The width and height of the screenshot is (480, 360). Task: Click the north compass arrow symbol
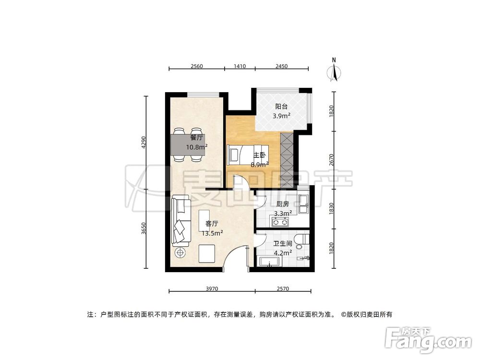click(334, 72)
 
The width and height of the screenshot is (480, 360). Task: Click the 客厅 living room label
click(212, 224)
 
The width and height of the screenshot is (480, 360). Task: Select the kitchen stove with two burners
click(279, 222)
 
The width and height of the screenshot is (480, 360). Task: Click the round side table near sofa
click(180, 252)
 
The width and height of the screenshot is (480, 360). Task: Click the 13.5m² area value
click(212, 233)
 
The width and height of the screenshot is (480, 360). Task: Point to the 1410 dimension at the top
click(240, 66)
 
